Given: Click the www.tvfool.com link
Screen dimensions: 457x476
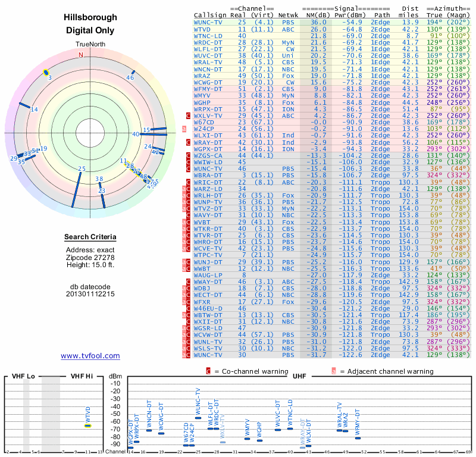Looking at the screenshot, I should pos(90,356).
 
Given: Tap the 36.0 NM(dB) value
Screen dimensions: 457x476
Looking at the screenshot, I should pos(318,22).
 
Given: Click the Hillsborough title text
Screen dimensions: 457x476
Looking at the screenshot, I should pos(90,18).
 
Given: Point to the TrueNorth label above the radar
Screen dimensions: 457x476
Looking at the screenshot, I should pos(90,45).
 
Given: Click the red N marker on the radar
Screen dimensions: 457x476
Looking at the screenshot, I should pos(81,55).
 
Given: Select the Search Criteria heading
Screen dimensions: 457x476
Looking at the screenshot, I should pos(90,237).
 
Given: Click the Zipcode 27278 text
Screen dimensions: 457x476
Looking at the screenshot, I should pos(90,257).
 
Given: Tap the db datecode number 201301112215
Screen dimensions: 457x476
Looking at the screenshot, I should pos(90,294).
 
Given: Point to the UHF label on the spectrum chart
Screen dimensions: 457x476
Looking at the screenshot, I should pos(299,376).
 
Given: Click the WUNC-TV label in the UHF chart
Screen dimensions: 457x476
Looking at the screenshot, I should pos(199,401).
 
